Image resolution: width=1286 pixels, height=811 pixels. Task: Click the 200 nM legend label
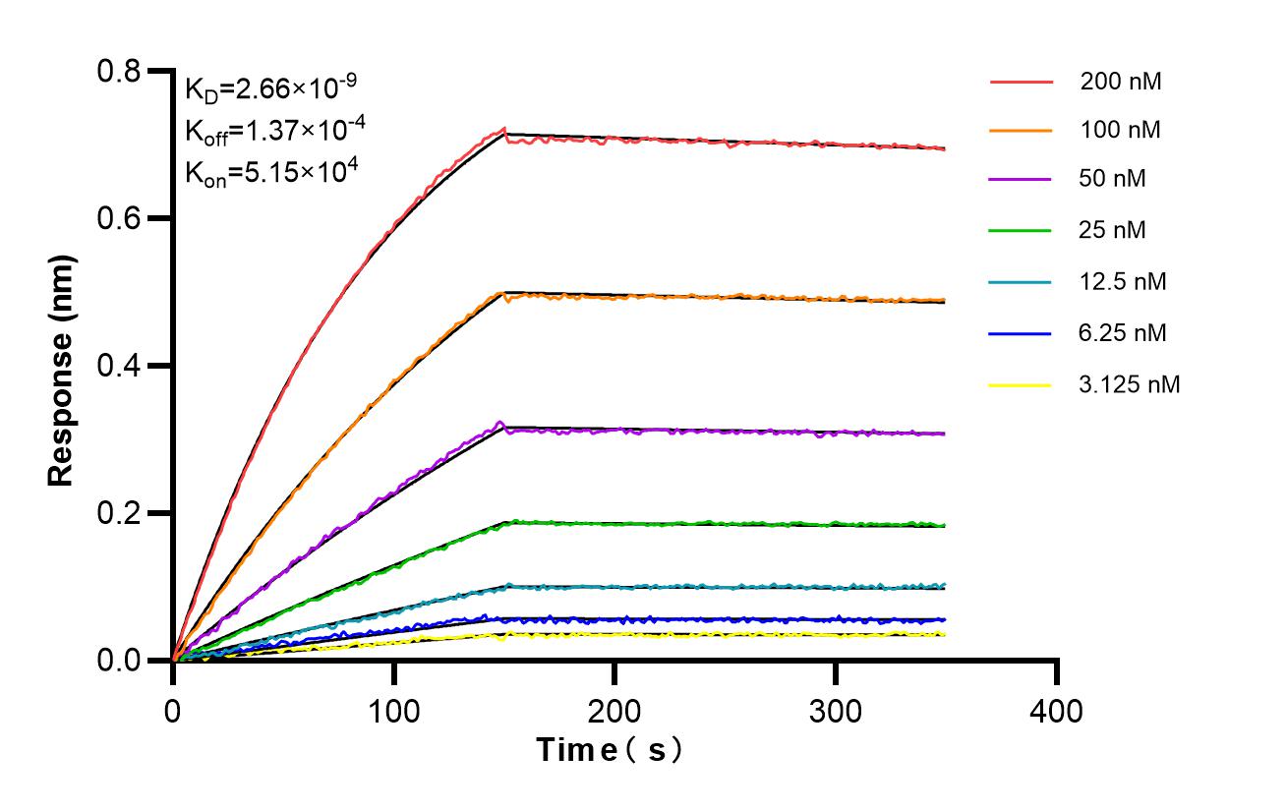pyautogui.click(x=1121, y=83)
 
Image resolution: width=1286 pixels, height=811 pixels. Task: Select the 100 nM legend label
pyautogui.click(x=1121, y=130)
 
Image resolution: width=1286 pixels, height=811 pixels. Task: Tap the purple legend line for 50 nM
pyautogui.click(x=1020, y=180)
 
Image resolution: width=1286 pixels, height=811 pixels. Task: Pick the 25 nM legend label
pyautogui.click(x=1113, y=231)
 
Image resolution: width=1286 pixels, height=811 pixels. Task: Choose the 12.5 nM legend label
pyautogui.click(x=1122, y=282)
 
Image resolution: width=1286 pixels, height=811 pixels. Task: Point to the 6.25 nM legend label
pyautogui.click(x=1122, y=333)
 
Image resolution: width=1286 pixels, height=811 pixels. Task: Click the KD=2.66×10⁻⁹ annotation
pyautogui.click(x=263, y=89)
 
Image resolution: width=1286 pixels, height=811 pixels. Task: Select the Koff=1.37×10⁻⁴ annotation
pyautogui.click(x=263, y=131)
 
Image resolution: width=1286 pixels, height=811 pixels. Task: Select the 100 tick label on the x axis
pyautogui.click(x=394, y=710)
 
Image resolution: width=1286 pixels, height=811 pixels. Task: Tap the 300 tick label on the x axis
pyautogui.click(x=836, y=710)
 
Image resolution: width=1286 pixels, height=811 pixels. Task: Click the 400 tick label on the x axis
pyautogui.click(x=1057, y=710)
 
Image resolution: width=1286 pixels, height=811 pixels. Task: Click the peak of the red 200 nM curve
pyautogui.click(x=504, y=129)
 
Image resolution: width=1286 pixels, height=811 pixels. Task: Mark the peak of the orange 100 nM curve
pyautogui.click(x=504, y=293)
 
